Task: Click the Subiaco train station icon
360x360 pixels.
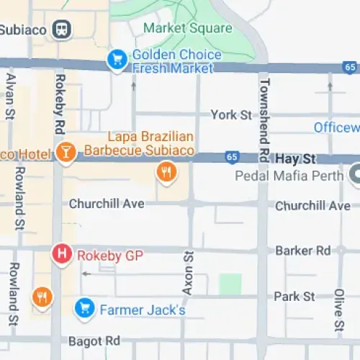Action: pyautogui.click(x=63, y=30)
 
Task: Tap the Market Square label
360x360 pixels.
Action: pyautogui.click(x=188, y=28)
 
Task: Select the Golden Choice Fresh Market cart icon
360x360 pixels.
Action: pyautogui.click(x=117, y=60)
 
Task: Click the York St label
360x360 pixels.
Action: pyautogui.click(x=231, y=114)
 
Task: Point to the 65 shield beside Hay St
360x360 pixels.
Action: pyautogui.click(x=231, y=156)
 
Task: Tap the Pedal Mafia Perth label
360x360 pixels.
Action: pyautogui.click(x=290, y=175)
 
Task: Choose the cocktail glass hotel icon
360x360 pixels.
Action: pyautogui.click(x=66, y=153)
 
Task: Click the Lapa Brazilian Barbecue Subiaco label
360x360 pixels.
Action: pyautogui.click(x=140, y=143)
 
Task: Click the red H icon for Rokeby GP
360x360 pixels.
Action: pyautogui.click(x=62, y=253)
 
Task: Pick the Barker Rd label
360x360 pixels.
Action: pyautogui.click(x=302, y=251)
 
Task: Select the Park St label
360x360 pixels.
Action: pyautogui.click(x=294, y=297)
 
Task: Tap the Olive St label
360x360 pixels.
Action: pyautogui.click(x=339, y=307)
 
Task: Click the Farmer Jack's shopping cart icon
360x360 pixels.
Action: pyautogui.click(x=85, y=310)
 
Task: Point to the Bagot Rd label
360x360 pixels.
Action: pyautogui.click(x=94, y=340)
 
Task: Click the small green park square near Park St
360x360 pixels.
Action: pyautogui.click(x=230, y=284)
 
